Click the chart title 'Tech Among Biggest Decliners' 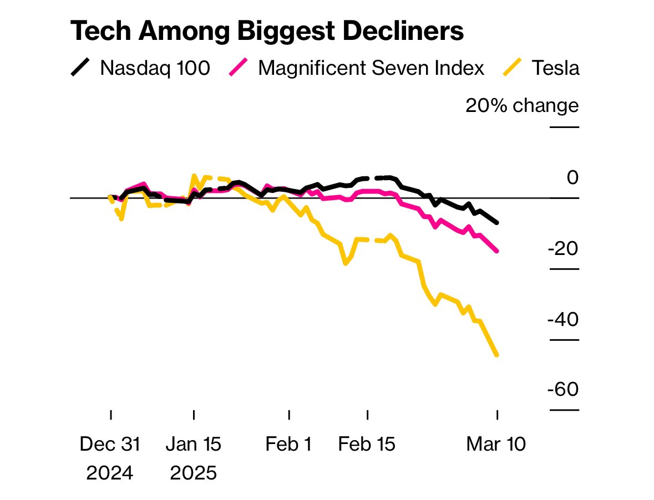pos(266,32)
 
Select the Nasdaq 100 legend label pos(155,68)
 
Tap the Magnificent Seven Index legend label pos(371,68)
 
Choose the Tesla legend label pos(555,68)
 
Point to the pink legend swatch pos(239,68)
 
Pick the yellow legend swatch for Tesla pos(512,68)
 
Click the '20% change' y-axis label pos(522,105)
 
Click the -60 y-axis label pos(563,390)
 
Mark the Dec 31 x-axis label pos(110,445)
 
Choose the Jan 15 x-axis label pos(194,445)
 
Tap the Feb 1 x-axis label pos(288,445)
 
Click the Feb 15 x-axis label pos(367,445)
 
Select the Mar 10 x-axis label pos(496,445)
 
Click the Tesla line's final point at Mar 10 pos(496,355)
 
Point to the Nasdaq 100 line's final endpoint pos(496,222)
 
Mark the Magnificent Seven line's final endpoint pos(496,251)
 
